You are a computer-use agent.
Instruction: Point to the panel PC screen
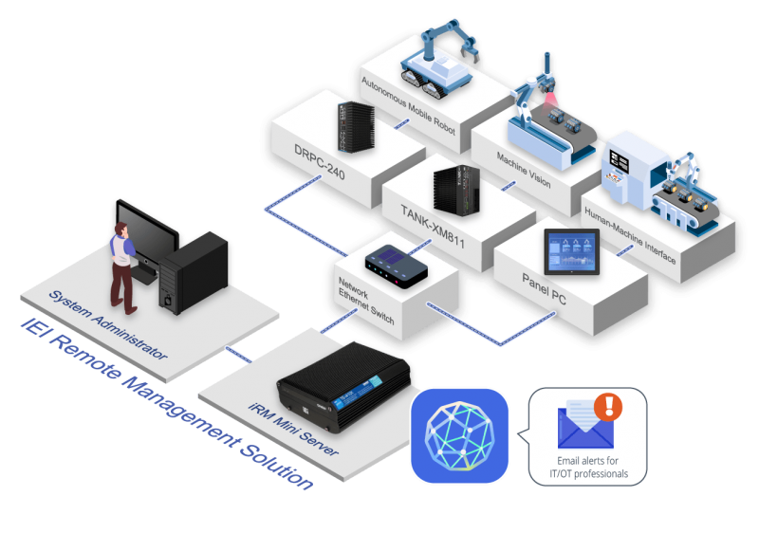click(570, 252)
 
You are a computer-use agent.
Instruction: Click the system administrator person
click(122, 266)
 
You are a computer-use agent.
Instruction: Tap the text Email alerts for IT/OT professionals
click(589, 468)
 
